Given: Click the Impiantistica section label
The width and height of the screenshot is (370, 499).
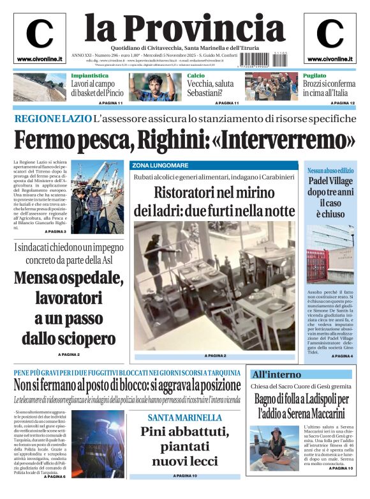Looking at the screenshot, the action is (89, 76).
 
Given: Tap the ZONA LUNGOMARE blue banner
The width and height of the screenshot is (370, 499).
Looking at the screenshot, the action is (161, 165).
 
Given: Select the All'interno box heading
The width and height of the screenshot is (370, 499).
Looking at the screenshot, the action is (276, 374).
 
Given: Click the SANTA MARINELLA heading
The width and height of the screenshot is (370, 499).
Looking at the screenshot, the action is (184, 417).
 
